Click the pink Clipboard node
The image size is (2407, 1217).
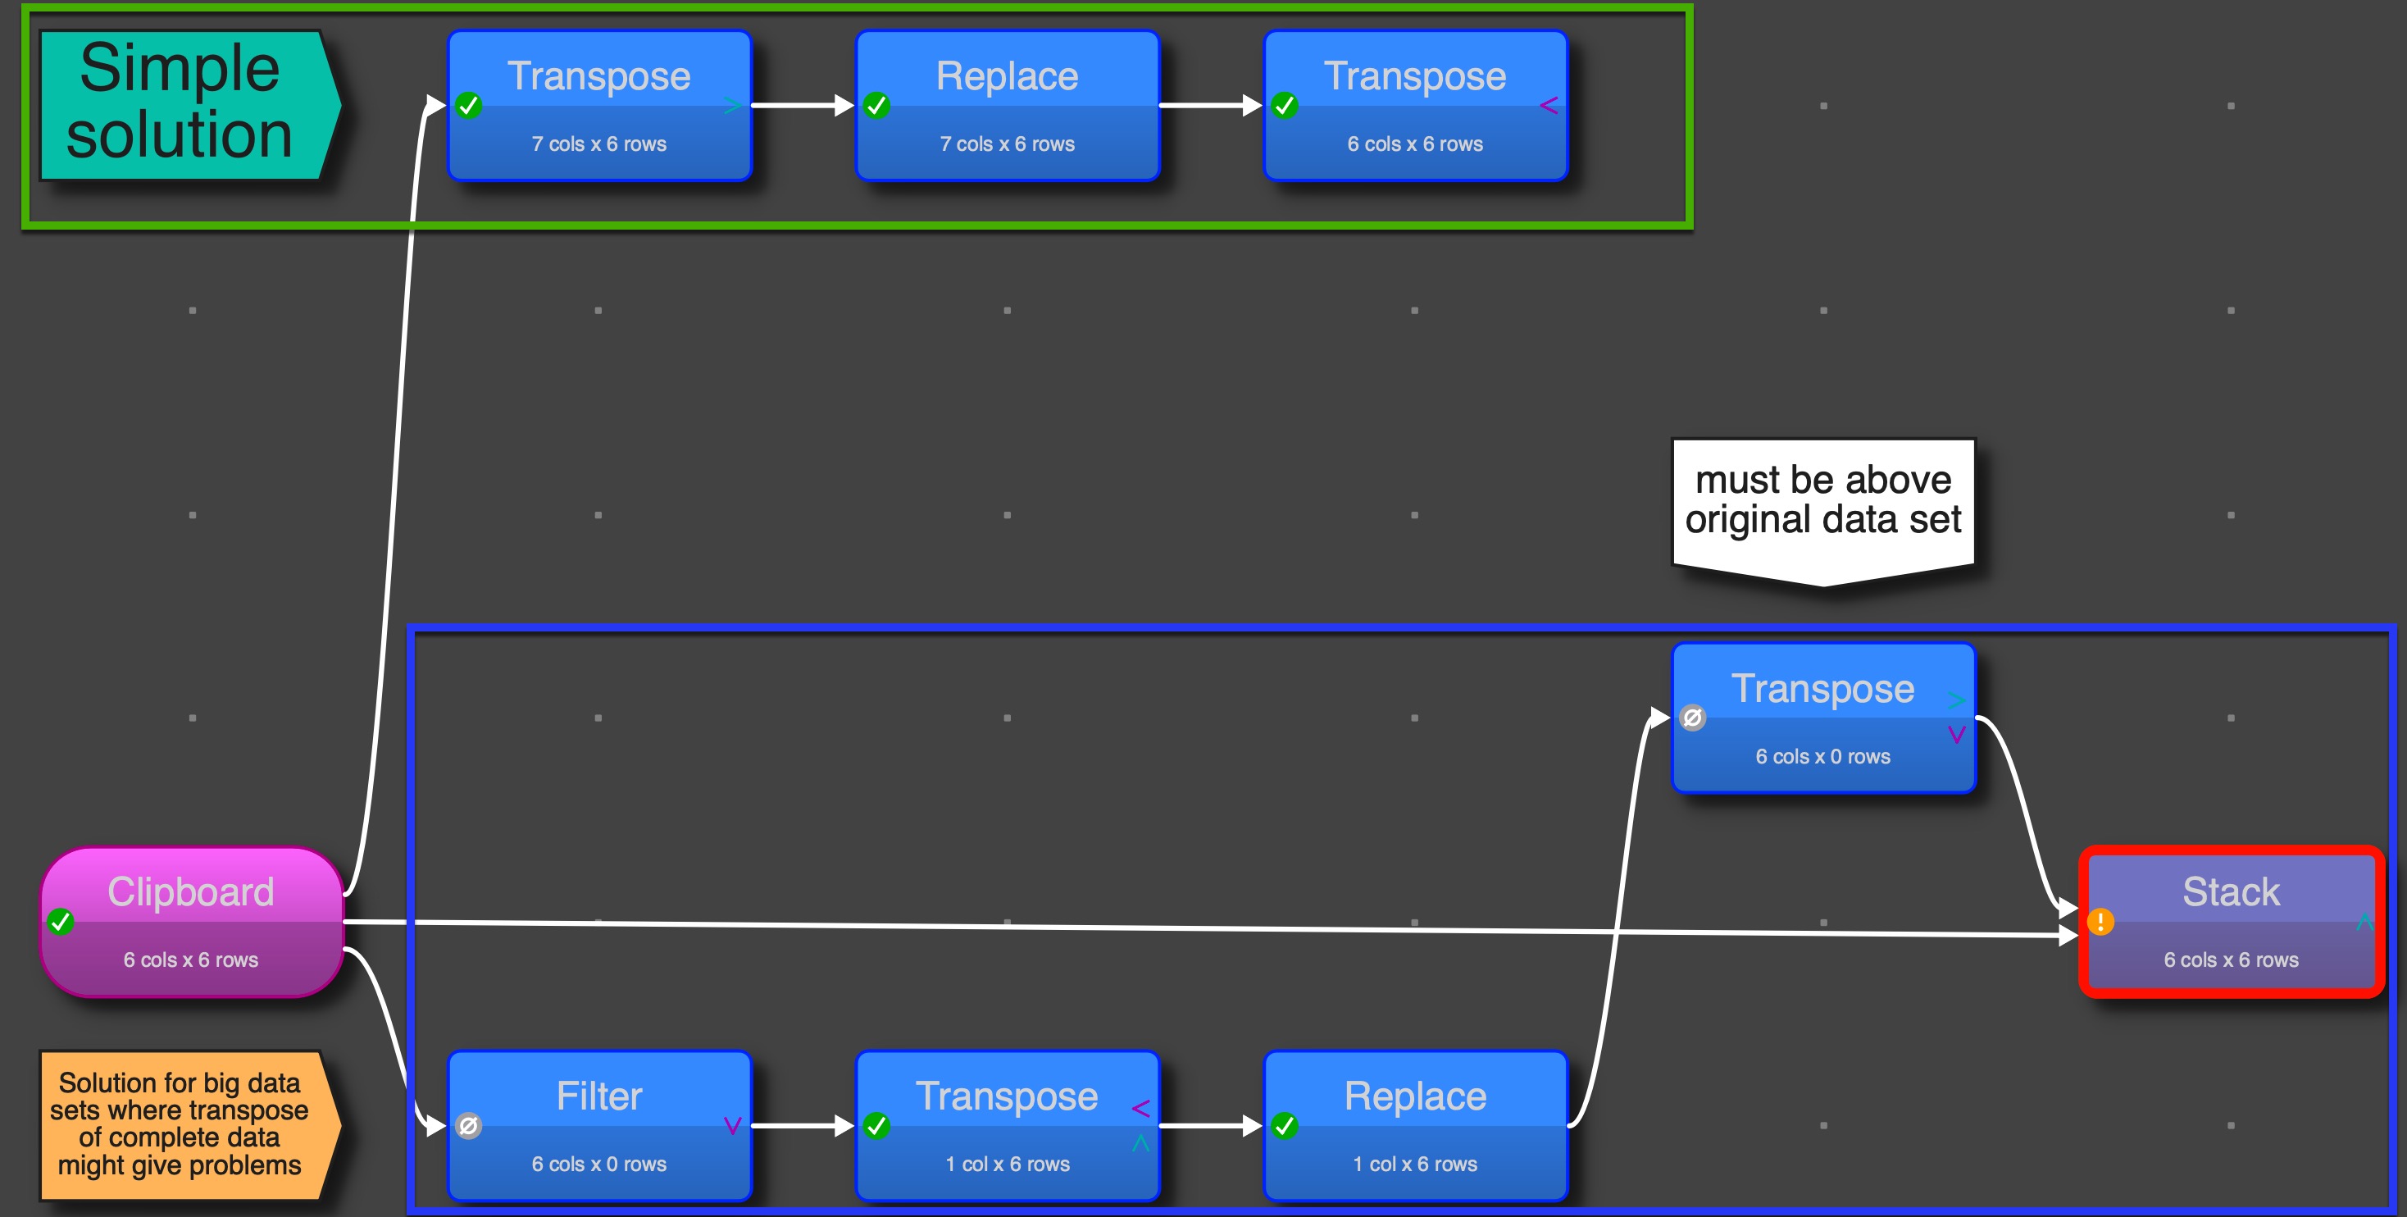192,922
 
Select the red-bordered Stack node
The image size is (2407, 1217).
2232,922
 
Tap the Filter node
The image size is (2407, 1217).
599,1125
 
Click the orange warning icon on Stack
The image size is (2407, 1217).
2100,922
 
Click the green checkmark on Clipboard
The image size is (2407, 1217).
61,922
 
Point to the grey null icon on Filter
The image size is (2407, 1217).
468,1125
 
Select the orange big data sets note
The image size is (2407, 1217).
180,1124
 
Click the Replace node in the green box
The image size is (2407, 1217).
1008,105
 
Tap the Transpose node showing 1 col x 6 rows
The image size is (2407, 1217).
1008,1125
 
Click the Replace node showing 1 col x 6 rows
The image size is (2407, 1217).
1415,1125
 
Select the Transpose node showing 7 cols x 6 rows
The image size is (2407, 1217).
599,105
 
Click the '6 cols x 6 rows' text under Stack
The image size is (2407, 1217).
2231,960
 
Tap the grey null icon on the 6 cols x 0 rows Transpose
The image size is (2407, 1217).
1692,718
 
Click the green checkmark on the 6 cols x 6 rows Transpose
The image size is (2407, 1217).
1285,106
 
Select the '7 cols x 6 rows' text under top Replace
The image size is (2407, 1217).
1008,144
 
